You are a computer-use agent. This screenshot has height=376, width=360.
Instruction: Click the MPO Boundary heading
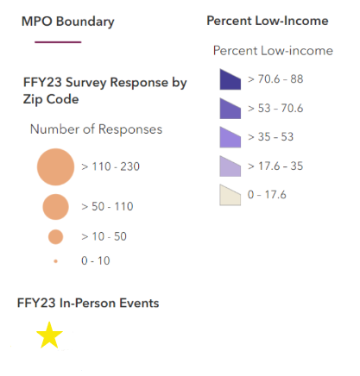click(66, 20)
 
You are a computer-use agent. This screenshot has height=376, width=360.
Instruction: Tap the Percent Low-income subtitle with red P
click(272, 51)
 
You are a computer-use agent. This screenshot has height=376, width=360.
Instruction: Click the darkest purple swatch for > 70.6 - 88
click(229, 80)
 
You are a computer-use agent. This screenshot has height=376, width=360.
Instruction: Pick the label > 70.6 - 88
click(275, 79)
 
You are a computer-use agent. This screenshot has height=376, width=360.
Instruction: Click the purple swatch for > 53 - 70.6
click(229, 109)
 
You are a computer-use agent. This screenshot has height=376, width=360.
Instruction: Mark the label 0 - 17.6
click(267, 195)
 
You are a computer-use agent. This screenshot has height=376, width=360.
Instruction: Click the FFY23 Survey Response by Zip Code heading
click(105, 91)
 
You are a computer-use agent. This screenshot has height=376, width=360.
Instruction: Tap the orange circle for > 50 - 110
click(55, 207)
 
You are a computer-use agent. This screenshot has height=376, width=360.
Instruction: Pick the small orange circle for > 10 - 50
click(55, 236)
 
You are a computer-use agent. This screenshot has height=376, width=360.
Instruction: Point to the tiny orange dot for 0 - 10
click(55, 260)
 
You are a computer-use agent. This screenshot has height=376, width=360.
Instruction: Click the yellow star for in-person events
click(50, 335)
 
